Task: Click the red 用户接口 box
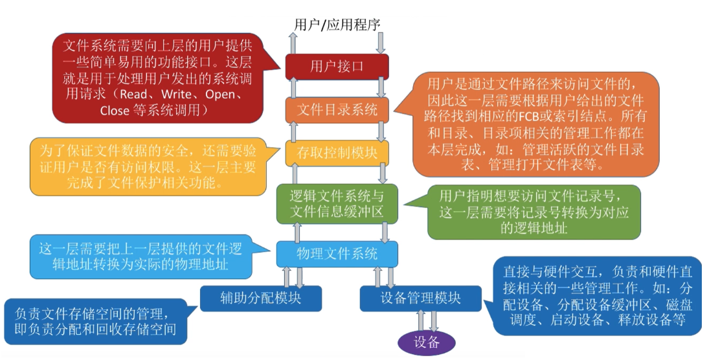(x=337, y=67)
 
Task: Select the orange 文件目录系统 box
(x=337, y=109)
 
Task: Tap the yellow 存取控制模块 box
(x=337, y=153)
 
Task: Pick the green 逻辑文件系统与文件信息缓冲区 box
(x=337, y=203)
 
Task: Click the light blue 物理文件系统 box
(x=337, y=253)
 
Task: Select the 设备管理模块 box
(x=420, y=298)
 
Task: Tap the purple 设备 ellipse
(x=427, y=342)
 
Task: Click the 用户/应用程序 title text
(x=337, y=25)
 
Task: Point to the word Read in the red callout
(x=133, y=95)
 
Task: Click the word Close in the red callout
(x=115, y=111)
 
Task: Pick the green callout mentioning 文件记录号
(x=533, y=211)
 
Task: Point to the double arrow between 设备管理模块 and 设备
(x=427, y=321)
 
